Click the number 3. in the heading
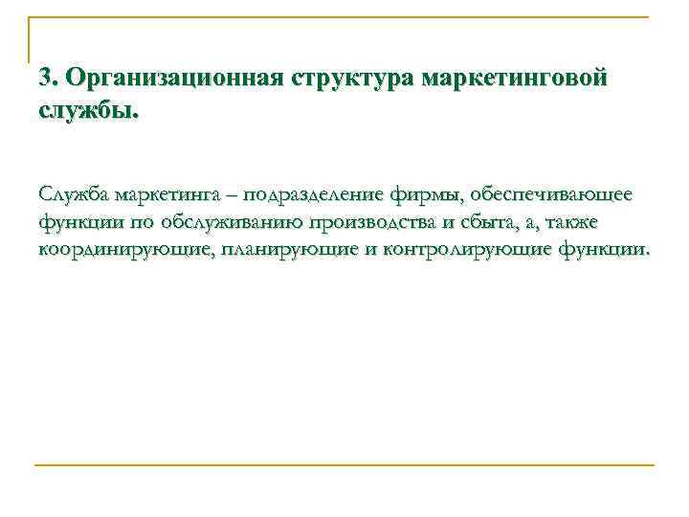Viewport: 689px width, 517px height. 50,78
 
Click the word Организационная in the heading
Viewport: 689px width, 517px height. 171,78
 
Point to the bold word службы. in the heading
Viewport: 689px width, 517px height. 89,110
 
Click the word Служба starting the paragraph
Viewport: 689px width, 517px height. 74,195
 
